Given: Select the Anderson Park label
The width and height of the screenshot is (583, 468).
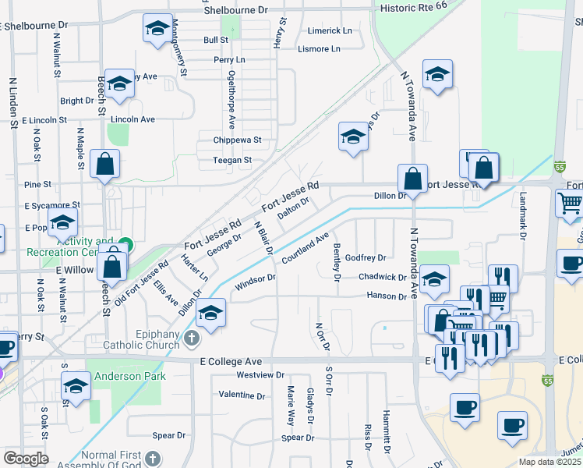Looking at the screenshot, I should (130, 376).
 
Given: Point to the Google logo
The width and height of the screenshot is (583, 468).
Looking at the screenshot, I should (25, 459).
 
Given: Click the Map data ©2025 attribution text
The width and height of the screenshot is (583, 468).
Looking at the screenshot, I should (549, 462).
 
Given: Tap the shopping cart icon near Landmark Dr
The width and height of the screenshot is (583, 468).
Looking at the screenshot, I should (570, 204).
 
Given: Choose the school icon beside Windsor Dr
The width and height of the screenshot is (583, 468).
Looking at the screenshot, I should (210, 314).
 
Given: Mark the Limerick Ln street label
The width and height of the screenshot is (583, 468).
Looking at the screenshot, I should (330, 30).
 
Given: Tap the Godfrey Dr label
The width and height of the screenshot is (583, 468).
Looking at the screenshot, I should (366, 257).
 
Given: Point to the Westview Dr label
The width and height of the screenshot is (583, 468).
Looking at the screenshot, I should (242, 375).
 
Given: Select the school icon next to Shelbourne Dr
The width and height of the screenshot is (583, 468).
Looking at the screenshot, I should (157, 29).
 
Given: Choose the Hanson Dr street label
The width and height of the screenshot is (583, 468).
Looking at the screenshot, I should (387, 296).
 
